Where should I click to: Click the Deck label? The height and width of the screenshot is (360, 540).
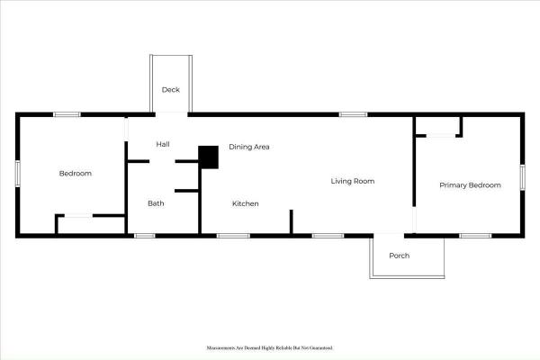[171, 90]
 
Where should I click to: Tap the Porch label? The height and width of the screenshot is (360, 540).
[399, 256]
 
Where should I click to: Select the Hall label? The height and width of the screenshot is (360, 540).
[163, 144]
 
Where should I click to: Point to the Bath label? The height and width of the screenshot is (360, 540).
[156, 203]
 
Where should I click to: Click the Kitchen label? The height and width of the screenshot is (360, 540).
[245, 203]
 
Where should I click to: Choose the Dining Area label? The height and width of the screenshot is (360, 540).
[249, 147]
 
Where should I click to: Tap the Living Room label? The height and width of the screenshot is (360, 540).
[353, 181]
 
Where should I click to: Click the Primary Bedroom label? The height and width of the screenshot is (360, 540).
[470, 185]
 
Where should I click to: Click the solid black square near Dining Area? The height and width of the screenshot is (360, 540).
[209, 157]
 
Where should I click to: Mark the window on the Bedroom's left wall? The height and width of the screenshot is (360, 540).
[18, 174]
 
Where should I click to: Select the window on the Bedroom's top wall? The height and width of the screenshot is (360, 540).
[67, 114]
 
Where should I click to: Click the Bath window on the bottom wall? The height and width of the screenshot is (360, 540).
[144, 236]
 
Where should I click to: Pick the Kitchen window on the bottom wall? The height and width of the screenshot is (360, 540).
[233, 236]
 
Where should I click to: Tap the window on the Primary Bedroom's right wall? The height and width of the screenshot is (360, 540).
[522, 177]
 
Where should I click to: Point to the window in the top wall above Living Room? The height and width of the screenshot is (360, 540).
[353, 114]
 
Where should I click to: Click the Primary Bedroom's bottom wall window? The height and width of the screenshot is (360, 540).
[475, 236]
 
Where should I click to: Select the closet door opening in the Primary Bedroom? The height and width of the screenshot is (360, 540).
[441, 136]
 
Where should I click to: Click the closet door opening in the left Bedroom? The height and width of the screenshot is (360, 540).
[78, 216]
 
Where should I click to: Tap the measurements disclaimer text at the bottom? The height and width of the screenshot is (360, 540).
[270, 348]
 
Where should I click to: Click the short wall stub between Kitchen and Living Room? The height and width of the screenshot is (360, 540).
[291, 221]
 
